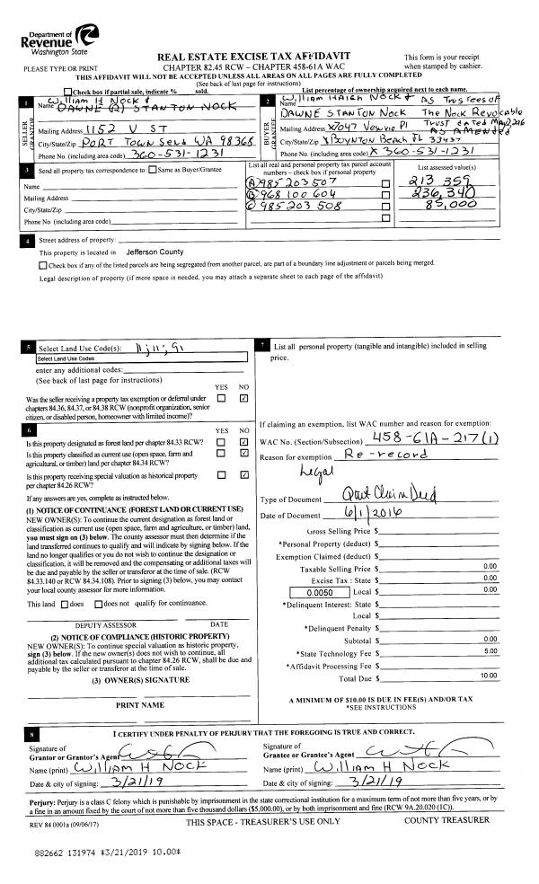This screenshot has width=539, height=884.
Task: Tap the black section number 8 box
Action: (x=31, y=735)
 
